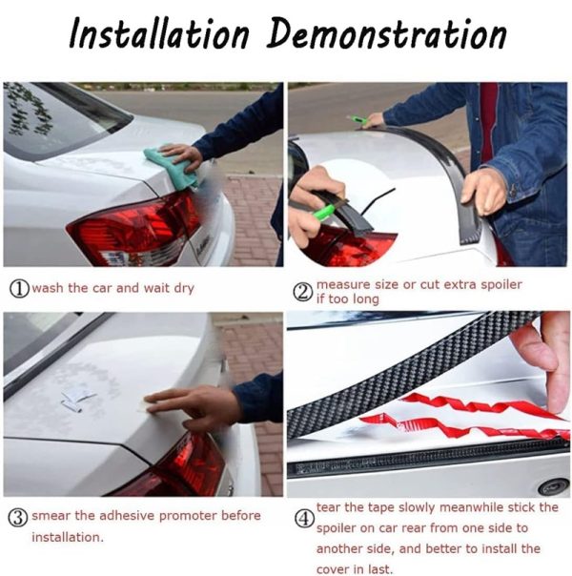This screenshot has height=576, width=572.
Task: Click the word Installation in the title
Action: click(159, 33)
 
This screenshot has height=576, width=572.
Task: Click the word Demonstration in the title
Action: click(387, 33)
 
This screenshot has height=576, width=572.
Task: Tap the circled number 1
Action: click(19, 289)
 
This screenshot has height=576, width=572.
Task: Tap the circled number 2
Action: click(303, 293)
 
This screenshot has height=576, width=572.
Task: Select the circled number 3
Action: click(17, 517)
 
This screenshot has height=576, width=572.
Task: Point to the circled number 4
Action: click(305, 519)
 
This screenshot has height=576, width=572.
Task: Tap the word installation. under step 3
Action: click(68, 537)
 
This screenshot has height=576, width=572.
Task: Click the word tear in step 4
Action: click(329, 507)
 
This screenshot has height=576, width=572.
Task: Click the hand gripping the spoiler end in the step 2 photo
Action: click(484, 191)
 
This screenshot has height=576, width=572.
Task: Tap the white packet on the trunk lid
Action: click(78, 398)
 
